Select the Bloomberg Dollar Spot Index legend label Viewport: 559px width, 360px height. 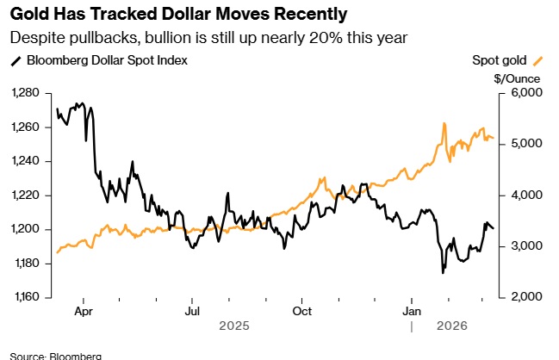point(107,60)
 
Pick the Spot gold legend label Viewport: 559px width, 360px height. point(500,60)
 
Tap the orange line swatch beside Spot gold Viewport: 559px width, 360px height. point(539,60)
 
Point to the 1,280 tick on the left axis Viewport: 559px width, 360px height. point(28,93)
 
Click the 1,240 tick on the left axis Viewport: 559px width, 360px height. point(28,161)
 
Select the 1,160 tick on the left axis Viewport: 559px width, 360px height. point(28,297)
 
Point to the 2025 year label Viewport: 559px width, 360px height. point(233,327)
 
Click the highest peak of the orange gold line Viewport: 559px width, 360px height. point(444,123)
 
